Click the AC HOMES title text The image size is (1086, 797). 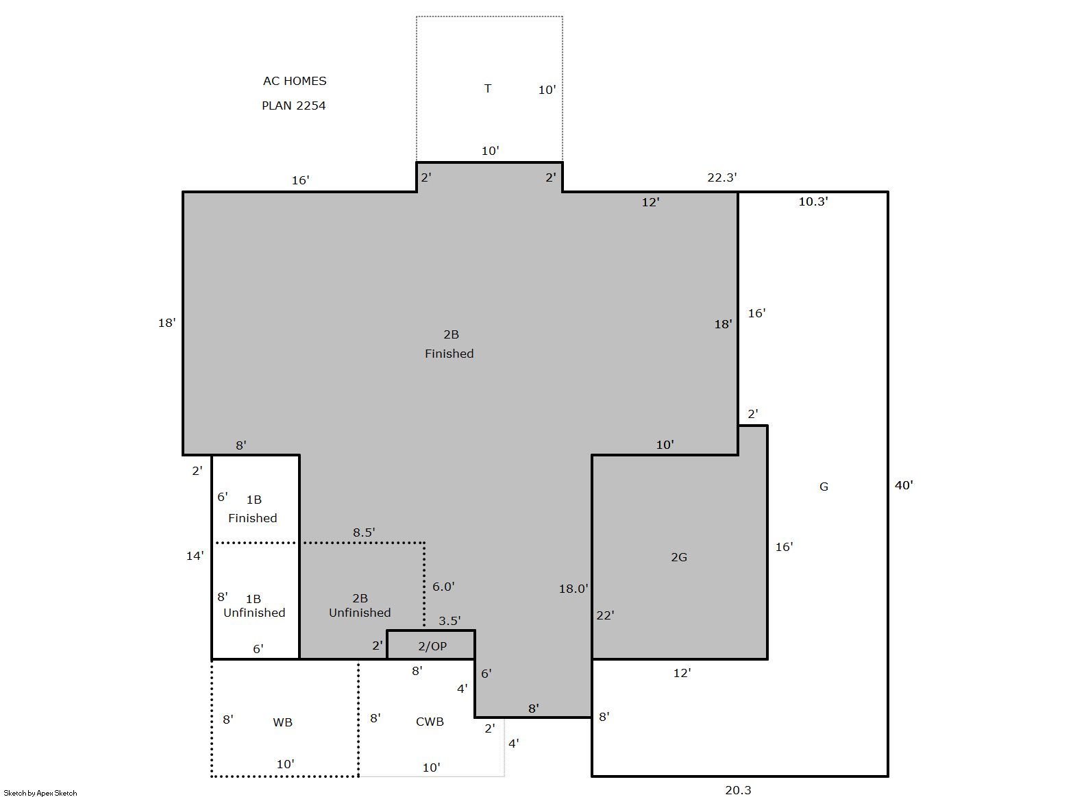click(x=295, y=81)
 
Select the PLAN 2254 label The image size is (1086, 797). click(x=294, y=106)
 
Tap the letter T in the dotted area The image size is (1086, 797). click(x=488, y=88)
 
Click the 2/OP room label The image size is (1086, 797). click(x=432, y=646)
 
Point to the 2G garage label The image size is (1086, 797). click(x=679, y=558)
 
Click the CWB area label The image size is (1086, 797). click(x=430, y=722)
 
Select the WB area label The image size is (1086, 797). click(x=283, y=722)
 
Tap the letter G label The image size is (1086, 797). click(x=824, y=487)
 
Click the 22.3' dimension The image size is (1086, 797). click(x=722, y=177)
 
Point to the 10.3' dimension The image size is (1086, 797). click(x=813, y=201)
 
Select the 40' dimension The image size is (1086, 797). click(x=904, y=485)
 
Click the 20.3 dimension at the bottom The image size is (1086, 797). click(x=738, y=790)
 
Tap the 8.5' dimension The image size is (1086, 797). click(x=364, y=532)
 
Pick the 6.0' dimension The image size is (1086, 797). click(x=443, y=587)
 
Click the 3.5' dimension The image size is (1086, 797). click(x=449, y=621)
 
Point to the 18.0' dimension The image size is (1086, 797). click(x=573, y=589)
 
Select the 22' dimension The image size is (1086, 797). click(x=605, y=615)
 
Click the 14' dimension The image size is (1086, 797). click(x=195, y=556)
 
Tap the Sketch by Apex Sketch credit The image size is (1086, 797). click(x=40, y=793)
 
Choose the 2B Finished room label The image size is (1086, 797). click(x=449, y=344)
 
